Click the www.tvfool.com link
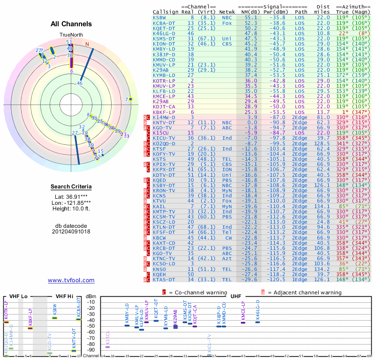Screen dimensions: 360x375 pyautogui.click(x=71, y=280)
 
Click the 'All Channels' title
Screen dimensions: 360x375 pyautogui.click(x=71, y=24)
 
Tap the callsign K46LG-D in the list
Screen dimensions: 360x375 pyautogui.click(x=164, y=33)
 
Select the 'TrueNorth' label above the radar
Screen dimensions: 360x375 pyautogui.click(x=71, y=35)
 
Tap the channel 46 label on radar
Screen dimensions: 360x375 pyautogui.click(x=80, y=83)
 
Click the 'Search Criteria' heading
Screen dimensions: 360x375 pyautogui.click(x=71, y=187)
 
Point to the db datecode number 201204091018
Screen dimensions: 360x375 pyautogui.click(x=71, y=232)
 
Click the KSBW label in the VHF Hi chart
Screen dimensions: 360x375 pyautogui.click(x=55, y=311)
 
